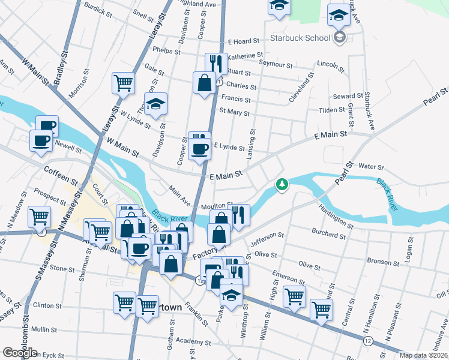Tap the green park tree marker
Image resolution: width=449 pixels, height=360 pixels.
click(282, 184)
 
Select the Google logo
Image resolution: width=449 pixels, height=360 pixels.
click(20, 353)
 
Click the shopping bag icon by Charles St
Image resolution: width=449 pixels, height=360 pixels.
click(204, 82)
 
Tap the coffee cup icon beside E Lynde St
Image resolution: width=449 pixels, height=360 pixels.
click(199, 149)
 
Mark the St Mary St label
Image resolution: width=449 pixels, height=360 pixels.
click(234, 111)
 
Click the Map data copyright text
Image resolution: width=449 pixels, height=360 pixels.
click(424, 355)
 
